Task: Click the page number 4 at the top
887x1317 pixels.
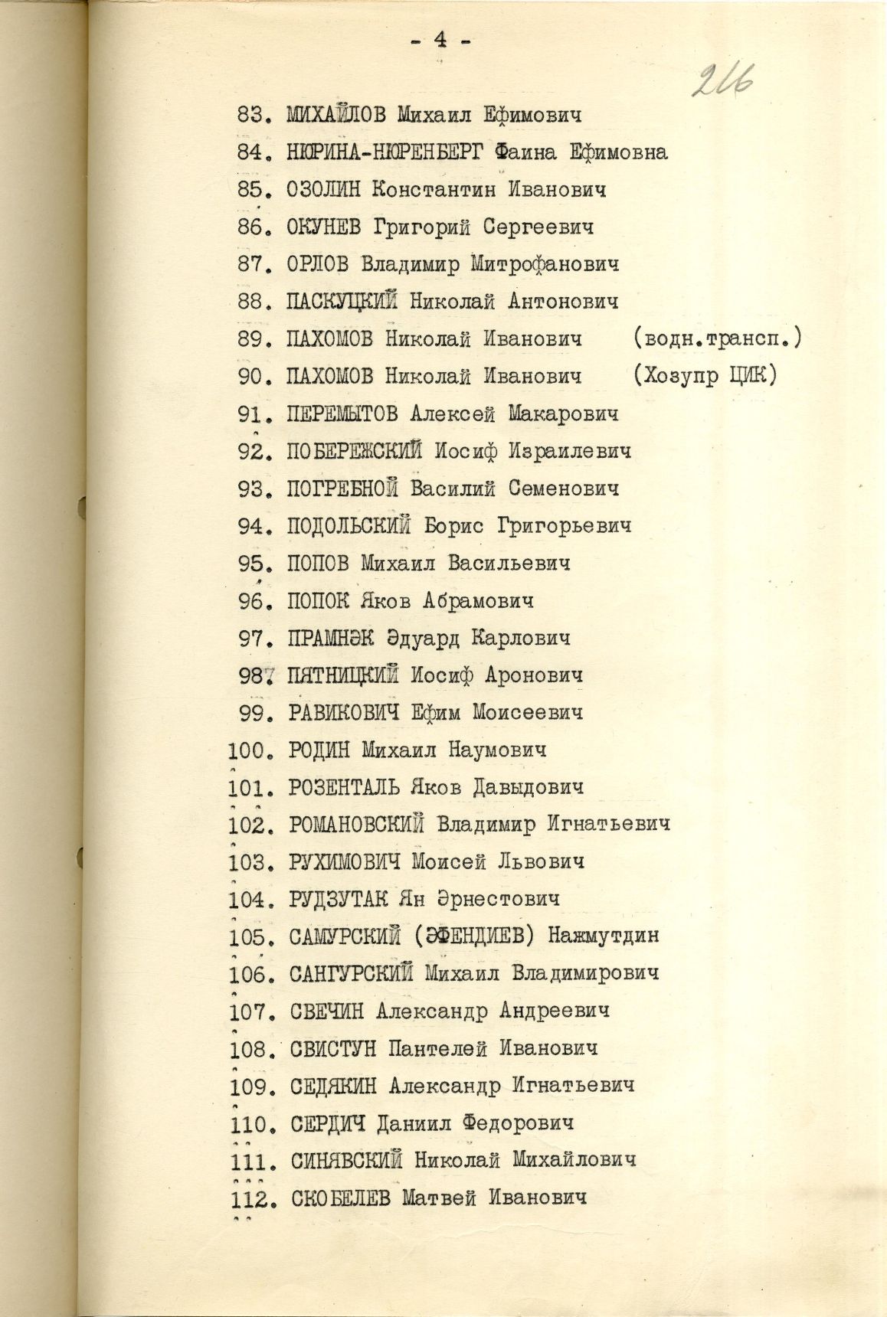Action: point(440,43)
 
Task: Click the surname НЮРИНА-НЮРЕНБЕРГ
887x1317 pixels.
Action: point(385,152)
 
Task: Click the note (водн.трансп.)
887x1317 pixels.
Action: point(716,339)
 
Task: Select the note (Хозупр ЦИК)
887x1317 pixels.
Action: point(705,377)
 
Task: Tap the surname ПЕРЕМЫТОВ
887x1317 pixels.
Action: point(342,414)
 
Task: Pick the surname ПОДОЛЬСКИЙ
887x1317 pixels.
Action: point(349,527)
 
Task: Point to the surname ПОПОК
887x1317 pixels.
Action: point(317,601)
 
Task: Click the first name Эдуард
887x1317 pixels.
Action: point(415,638)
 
